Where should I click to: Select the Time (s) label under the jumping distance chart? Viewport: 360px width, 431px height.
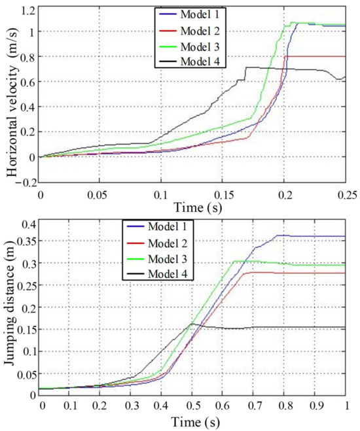pyautogui.click(x=194, y=422)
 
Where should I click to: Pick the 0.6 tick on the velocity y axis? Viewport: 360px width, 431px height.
pyautogui.click(x=26, y=82)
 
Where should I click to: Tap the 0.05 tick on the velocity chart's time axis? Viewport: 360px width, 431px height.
pyautogui.click(x=100, y=194)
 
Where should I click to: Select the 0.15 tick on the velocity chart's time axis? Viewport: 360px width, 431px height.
pyautogui.click(x=222, y=194)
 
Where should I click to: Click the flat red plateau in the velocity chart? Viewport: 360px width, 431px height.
pyautogui.click(x=314, y=56)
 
